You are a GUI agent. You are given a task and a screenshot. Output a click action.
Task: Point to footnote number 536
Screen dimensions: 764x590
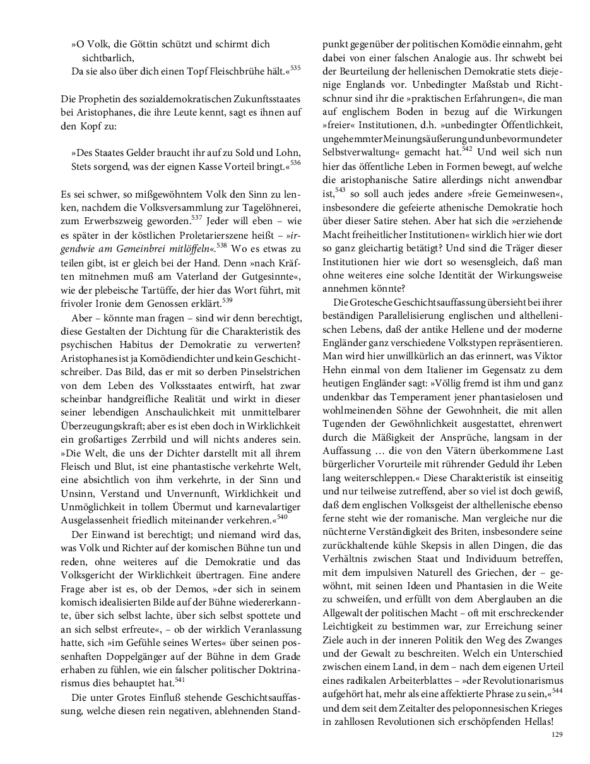coord(295,163)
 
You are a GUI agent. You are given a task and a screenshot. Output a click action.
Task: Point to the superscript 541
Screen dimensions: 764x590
coord(179,679)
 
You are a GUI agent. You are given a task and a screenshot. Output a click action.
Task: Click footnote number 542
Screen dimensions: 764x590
coord(466,149)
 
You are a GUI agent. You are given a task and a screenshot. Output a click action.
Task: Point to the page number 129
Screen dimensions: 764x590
coord(557,734)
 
